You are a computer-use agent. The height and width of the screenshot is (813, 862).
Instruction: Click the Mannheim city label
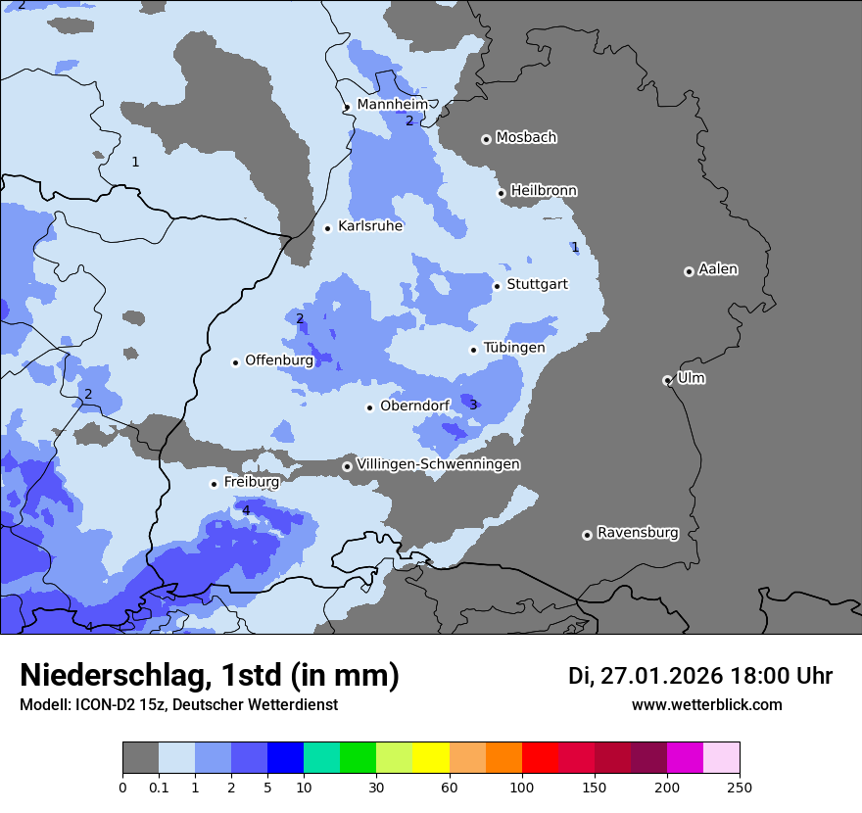392,104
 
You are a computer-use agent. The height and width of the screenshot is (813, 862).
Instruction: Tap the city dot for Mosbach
486,139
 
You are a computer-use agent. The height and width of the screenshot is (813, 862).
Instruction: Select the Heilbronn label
544,190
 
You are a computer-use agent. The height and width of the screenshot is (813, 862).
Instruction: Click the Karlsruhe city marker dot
328,228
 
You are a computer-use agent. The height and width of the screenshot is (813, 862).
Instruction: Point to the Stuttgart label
537,284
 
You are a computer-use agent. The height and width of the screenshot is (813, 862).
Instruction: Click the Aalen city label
718,268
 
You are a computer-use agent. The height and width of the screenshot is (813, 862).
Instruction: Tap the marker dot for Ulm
667,380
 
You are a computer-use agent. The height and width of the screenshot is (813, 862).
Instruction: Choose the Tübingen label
513,348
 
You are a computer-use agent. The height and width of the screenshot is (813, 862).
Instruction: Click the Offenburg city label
279,359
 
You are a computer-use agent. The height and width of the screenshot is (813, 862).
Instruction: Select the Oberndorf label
414,406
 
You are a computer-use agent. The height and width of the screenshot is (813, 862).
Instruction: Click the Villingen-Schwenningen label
438,464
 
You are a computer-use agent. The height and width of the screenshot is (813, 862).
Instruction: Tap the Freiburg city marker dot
214,484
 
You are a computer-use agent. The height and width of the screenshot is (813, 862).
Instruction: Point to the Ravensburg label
638,533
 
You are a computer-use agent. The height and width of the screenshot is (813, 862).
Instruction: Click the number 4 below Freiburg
246,510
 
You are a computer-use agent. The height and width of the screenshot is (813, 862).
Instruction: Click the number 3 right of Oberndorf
473,405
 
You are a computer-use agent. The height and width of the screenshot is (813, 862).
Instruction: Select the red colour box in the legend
540,758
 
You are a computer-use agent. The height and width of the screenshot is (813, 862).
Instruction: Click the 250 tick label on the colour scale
740,787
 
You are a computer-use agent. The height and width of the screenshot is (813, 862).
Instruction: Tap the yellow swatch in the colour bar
431,758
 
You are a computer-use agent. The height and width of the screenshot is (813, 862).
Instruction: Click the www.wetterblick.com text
706,705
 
